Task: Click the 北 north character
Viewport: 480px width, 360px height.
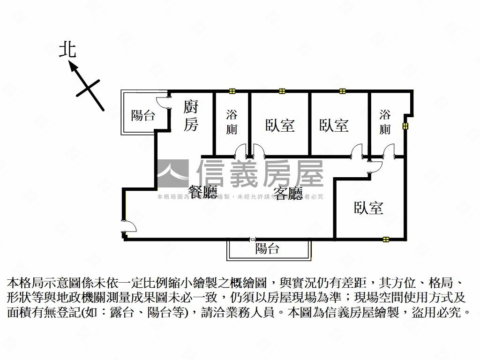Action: [x=67, y=49]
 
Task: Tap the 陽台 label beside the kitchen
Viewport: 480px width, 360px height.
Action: [x=142, y=115]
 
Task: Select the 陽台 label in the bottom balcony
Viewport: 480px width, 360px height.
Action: [x=267, y=249]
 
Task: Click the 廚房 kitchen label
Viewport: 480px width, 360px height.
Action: [x=190, y=115]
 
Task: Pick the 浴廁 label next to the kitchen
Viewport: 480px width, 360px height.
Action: [x=232, y=122]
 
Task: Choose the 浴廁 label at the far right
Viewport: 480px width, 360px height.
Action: [x=385, y=122]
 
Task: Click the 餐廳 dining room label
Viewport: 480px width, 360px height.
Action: [x=202, y=192]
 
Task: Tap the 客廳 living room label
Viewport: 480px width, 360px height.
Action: [x=288, y=193]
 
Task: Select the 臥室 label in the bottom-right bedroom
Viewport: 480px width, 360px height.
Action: [x=368, y=208]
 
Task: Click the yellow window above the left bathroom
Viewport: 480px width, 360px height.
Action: [x=232, y=91]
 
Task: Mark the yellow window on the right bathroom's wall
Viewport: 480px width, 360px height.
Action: [x=405, y=126]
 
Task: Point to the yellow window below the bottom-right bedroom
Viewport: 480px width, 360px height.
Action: [x=385, y=239]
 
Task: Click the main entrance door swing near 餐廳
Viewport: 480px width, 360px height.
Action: [x=129, y=227]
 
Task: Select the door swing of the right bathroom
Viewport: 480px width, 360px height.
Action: [x=388, y=150]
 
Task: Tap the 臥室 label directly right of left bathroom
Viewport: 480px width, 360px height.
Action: [x=280, y=125]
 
